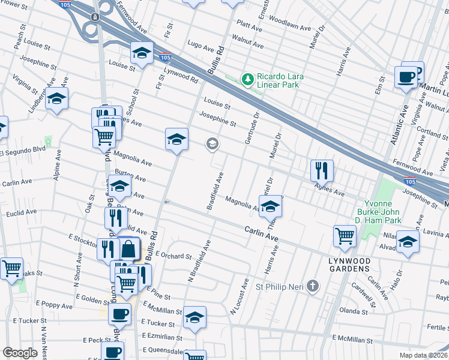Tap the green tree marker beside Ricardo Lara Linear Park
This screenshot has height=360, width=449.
247,79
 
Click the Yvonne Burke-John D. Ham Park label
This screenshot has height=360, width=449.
396,208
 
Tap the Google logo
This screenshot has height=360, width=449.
20,353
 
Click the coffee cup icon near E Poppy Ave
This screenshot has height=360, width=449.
120,314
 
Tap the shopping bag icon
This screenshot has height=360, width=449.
128,248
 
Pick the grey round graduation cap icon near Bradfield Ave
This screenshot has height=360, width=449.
211,144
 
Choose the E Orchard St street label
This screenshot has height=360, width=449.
172,256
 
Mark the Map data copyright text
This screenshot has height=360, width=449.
423,355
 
